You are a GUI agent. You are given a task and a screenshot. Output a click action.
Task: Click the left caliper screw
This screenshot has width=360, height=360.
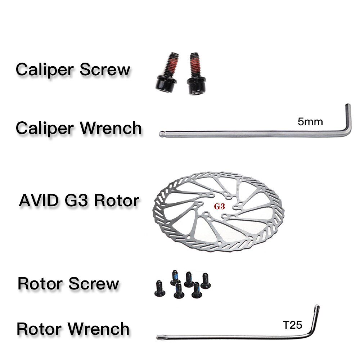[167, 73]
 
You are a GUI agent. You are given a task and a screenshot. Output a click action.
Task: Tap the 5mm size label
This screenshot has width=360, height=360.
[310, 122]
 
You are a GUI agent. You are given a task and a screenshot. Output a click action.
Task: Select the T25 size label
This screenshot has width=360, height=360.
[292, 325]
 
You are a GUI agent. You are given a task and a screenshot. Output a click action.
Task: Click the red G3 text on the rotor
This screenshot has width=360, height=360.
[219, 206]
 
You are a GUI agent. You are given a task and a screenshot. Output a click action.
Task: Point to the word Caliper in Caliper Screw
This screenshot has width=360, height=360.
[45, 70]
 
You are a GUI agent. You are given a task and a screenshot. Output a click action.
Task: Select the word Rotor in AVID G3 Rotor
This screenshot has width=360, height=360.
[117, 201]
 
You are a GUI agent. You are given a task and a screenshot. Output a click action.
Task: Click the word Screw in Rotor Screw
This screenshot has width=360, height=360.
[94, 284]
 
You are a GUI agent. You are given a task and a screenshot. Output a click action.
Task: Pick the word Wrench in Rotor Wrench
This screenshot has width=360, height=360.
[99, 329]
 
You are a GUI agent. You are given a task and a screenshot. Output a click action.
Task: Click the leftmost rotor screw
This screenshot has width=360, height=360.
[160, 288]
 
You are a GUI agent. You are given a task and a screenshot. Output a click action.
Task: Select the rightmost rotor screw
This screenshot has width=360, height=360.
[206, 280]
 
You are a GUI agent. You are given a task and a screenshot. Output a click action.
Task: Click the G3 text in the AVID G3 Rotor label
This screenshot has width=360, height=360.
[76, 201]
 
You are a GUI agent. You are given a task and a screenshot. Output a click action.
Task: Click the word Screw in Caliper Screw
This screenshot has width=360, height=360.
[105, 70]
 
